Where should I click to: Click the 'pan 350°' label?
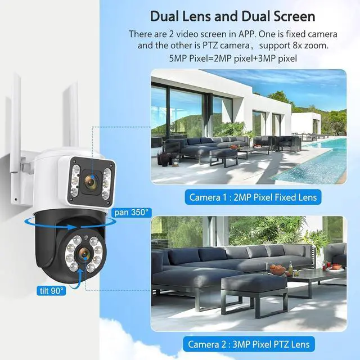coord(132,212)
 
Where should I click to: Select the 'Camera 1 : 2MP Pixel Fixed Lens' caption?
coord(253,197)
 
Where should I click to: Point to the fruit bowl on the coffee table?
coord(277,270)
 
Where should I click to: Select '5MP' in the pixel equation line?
coord(181,57)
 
